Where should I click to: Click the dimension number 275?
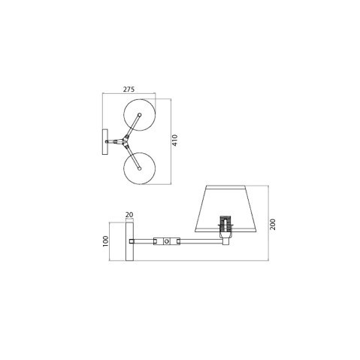click(129, 89)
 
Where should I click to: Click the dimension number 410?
click(174, 141)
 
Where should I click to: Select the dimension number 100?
click(106, 241)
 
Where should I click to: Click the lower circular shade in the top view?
click(139, 167)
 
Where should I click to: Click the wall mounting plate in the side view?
click(129, 241)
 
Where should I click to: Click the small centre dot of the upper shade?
click(139, 115)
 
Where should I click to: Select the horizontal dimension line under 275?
click(129, 95)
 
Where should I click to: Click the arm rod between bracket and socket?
click(199, 241)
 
